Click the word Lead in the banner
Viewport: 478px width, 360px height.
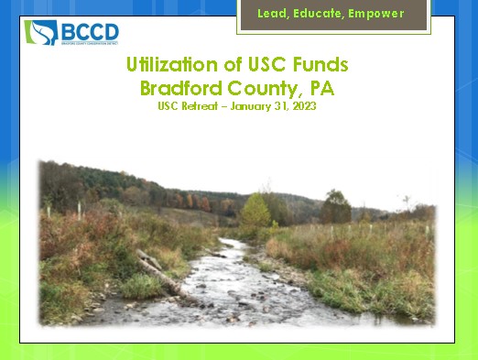[277, 15]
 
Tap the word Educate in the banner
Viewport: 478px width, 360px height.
[326, 15]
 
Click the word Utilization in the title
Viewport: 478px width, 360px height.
[170, 67]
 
